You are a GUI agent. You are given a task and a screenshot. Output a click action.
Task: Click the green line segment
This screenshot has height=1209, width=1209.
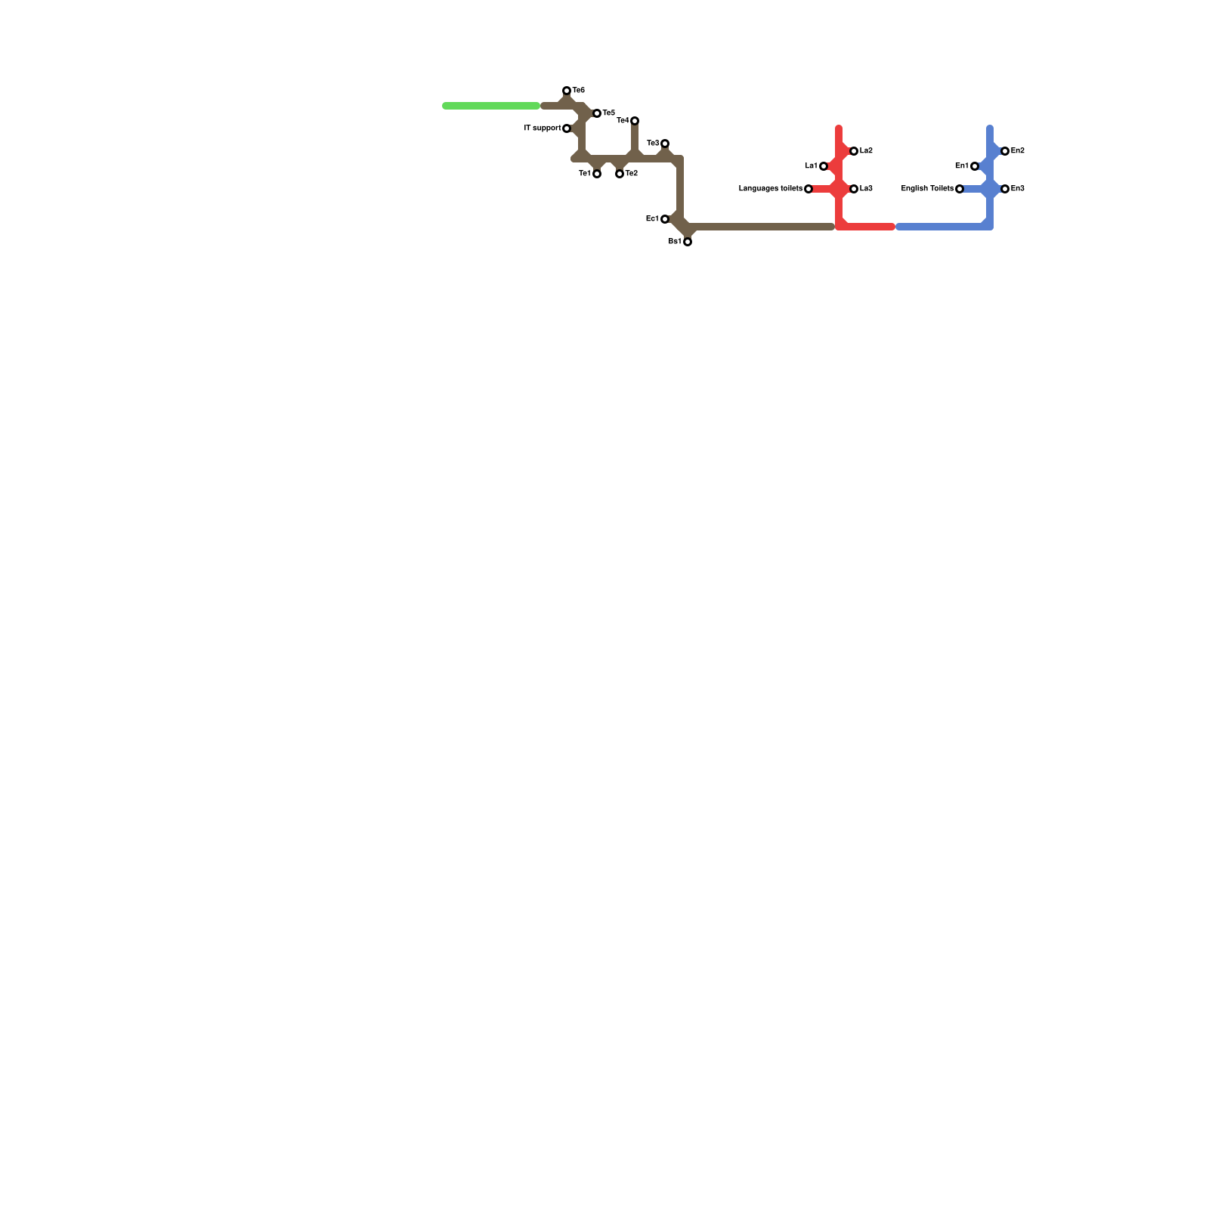pyautogui.click(x=491, y=106)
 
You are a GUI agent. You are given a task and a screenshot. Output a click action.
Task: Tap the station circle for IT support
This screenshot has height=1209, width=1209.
pyautogui.click(x=567, y=128)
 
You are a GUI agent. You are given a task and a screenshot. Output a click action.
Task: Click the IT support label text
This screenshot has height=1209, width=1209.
pyautogui.click(x=543, y=128)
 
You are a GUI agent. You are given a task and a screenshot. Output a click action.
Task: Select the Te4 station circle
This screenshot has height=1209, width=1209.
pyautogui.click(x=635, y=121)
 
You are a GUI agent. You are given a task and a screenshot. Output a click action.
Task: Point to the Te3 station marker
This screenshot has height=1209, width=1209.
pyautogui.click(x=665, y=144)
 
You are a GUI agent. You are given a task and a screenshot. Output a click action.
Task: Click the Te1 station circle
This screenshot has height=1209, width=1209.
pyautogui.click(x=597, y=174)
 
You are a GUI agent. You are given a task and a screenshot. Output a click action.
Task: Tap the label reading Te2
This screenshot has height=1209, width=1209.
pyautogui.click(x=632, y=174)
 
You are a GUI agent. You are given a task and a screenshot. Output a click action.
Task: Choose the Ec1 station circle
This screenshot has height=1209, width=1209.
pyautogui.click(x=665, y=219)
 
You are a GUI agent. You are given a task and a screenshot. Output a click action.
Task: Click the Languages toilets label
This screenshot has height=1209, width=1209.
pyautogui.click(x=770, y=189)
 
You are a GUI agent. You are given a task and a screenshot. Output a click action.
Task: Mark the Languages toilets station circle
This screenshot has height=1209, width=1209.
pyautogui.click(x=809, y=189)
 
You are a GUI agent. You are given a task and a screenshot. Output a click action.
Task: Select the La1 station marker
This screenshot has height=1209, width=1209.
pyautogui.click(x=824, y=166)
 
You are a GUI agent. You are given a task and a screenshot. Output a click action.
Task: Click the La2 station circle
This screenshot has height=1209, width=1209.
pyautogui.click(x=854, y=151)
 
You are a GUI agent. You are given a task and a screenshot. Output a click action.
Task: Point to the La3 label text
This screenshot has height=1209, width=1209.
pyautogui.click(x=866, y=189)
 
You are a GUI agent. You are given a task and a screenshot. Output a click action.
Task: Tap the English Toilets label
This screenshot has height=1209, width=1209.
pyautogui.click(x=927, y=189)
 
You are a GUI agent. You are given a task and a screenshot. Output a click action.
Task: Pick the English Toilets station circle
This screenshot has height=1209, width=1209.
pyautogui.click(x=960, y=189)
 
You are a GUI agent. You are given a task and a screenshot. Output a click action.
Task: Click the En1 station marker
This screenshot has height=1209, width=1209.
pyautogui.click(x=975, y=166)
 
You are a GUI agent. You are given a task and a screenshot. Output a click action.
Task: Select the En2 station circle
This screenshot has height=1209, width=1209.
pyautogui.click(x=1005, y=151)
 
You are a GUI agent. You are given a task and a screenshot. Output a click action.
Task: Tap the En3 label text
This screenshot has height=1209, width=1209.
pyautogui.click(x=1017, y=189)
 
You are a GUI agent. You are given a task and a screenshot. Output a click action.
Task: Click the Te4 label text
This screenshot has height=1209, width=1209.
pyautogui.click(x=623, y=121)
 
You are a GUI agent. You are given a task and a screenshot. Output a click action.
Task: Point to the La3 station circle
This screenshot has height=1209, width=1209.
pyautogui.click(x=854, y=189)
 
